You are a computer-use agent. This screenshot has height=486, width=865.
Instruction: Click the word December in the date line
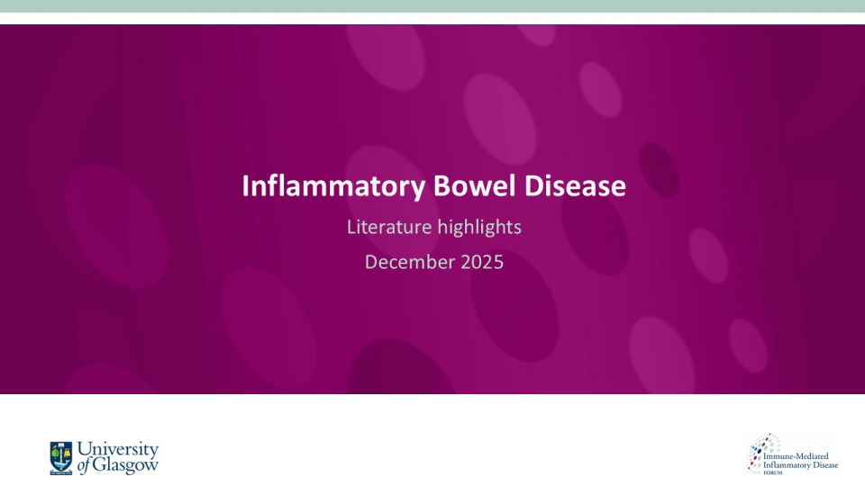tap(405, 263)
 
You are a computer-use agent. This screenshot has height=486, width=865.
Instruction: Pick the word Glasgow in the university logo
tap(125, 465)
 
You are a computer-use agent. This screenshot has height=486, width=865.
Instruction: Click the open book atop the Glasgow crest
tap(61, 445)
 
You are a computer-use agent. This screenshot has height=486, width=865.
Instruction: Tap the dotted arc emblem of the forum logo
tap(759, 449)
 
